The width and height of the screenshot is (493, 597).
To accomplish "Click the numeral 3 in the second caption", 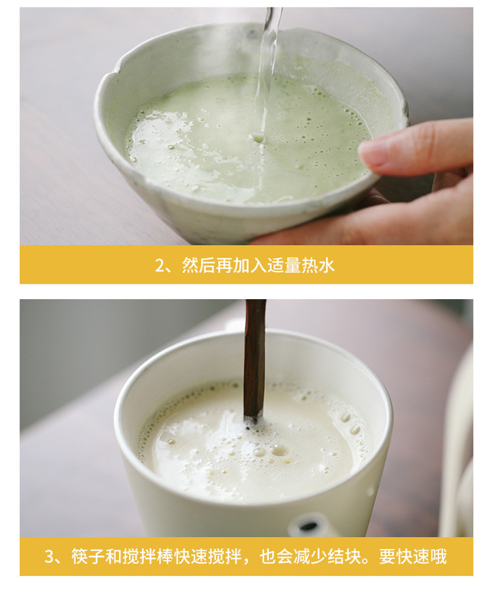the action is [49, 556].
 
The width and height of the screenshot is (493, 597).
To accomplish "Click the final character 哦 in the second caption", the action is [439, 556].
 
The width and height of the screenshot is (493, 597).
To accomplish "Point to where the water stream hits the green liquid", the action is [259, 138].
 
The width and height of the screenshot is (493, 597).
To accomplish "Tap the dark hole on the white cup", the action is [308, 526].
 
